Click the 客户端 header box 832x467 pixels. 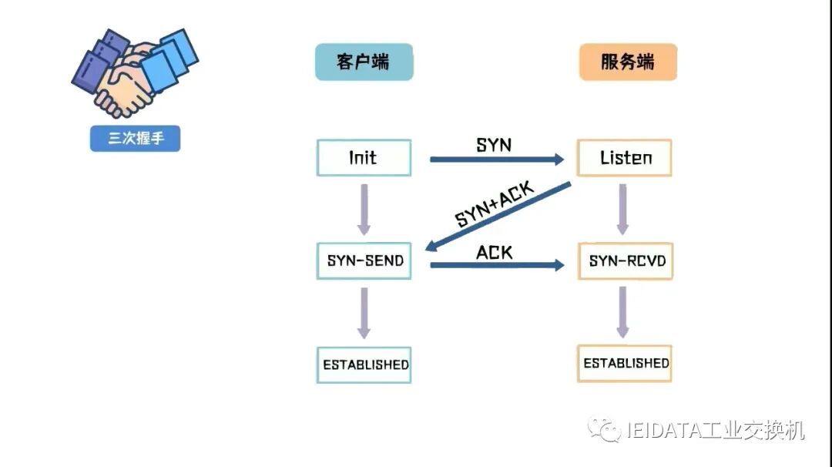[x=364, y=62]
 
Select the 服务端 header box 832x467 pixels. [x=627, y=62]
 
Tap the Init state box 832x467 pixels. [x=364, y=158]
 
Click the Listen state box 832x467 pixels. [x=625, y=158]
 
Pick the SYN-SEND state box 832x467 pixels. [x=364, y=261]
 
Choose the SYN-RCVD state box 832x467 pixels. [x=625, y=261]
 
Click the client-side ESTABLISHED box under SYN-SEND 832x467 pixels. [x=364, y=365]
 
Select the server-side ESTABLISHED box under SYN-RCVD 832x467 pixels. [x=625, y=363]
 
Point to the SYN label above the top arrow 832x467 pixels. [x=494, y=144]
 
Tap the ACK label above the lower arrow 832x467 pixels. [x=494, y=252]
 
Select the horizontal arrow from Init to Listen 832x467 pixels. [x=497, y=160]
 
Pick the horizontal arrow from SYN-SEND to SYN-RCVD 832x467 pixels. [x=497, y=265]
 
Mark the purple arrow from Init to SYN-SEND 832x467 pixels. [x=364, y=209]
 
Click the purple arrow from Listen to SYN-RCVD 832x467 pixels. [x=622, y=209]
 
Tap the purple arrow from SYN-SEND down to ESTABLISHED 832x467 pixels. [x=364, y=312]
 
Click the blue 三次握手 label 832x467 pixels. [x=135, y=139]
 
